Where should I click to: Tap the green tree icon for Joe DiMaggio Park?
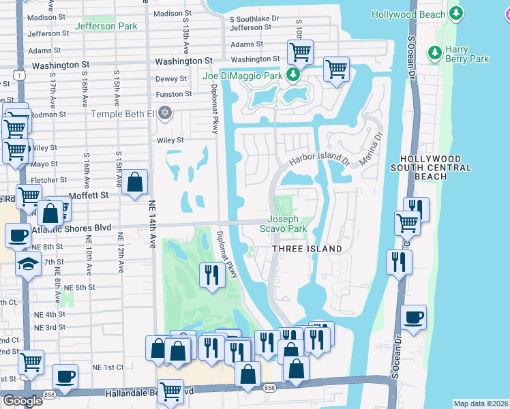tap(292, 75)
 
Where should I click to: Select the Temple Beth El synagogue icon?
tap(164, 112)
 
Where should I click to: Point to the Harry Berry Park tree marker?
tap(434, 52)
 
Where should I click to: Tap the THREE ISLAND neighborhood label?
tap(307, 249)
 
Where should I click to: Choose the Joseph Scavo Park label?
tap(283, 224)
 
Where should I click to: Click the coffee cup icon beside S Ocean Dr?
tap(413, 316)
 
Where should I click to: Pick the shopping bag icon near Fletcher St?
tap(135, 181)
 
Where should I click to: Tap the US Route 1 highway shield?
tap(20, 73)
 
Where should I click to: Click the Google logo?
tap(22, 401)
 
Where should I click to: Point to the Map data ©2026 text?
tap(481, 404)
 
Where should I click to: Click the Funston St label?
tap(174, 94)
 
